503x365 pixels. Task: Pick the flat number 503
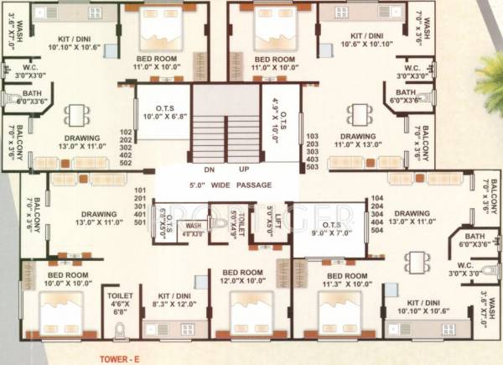[x=313, y=166]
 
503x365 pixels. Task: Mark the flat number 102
[x=127, y=133]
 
